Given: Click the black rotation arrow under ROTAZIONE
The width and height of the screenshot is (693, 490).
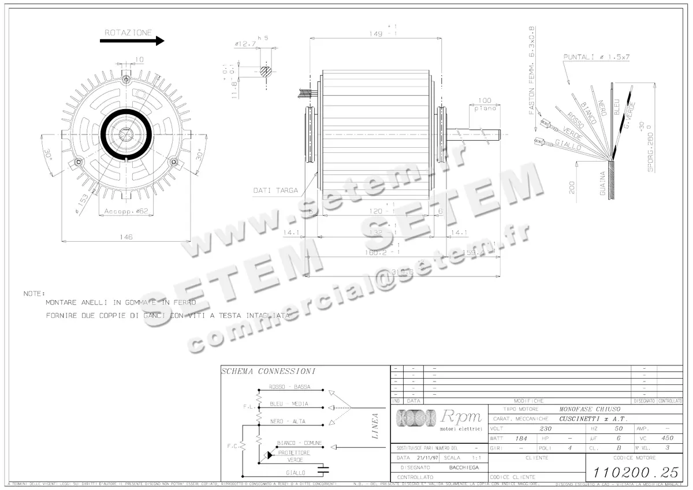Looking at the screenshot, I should click(x=132, y=41).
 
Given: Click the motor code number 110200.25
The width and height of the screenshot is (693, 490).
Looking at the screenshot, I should click(x=634, y=472).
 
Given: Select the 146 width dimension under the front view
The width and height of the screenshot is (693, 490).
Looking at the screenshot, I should click(x=126, y=237).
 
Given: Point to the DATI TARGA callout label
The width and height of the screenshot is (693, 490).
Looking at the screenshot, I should click(x=275, y=190).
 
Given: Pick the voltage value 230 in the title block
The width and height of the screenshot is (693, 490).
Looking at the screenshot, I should click(x=545, y=429).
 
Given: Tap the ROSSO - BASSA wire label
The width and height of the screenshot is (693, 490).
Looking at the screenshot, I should click(x=290, y=387).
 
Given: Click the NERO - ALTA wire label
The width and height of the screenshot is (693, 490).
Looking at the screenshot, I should click(x=288, y=421).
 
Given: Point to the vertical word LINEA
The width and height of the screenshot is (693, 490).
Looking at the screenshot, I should click(x=375, y=426).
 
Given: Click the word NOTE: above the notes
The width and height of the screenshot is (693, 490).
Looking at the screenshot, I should click(x=34, y=293).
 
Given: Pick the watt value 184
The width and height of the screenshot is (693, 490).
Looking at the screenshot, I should click(x=521, y=439).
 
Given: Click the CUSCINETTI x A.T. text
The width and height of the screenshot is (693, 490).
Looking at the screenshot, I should click(x=593, y=419).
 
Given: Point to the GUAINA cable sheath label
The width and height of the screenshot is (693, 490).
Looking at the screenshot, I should click(x=603, y=184).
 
